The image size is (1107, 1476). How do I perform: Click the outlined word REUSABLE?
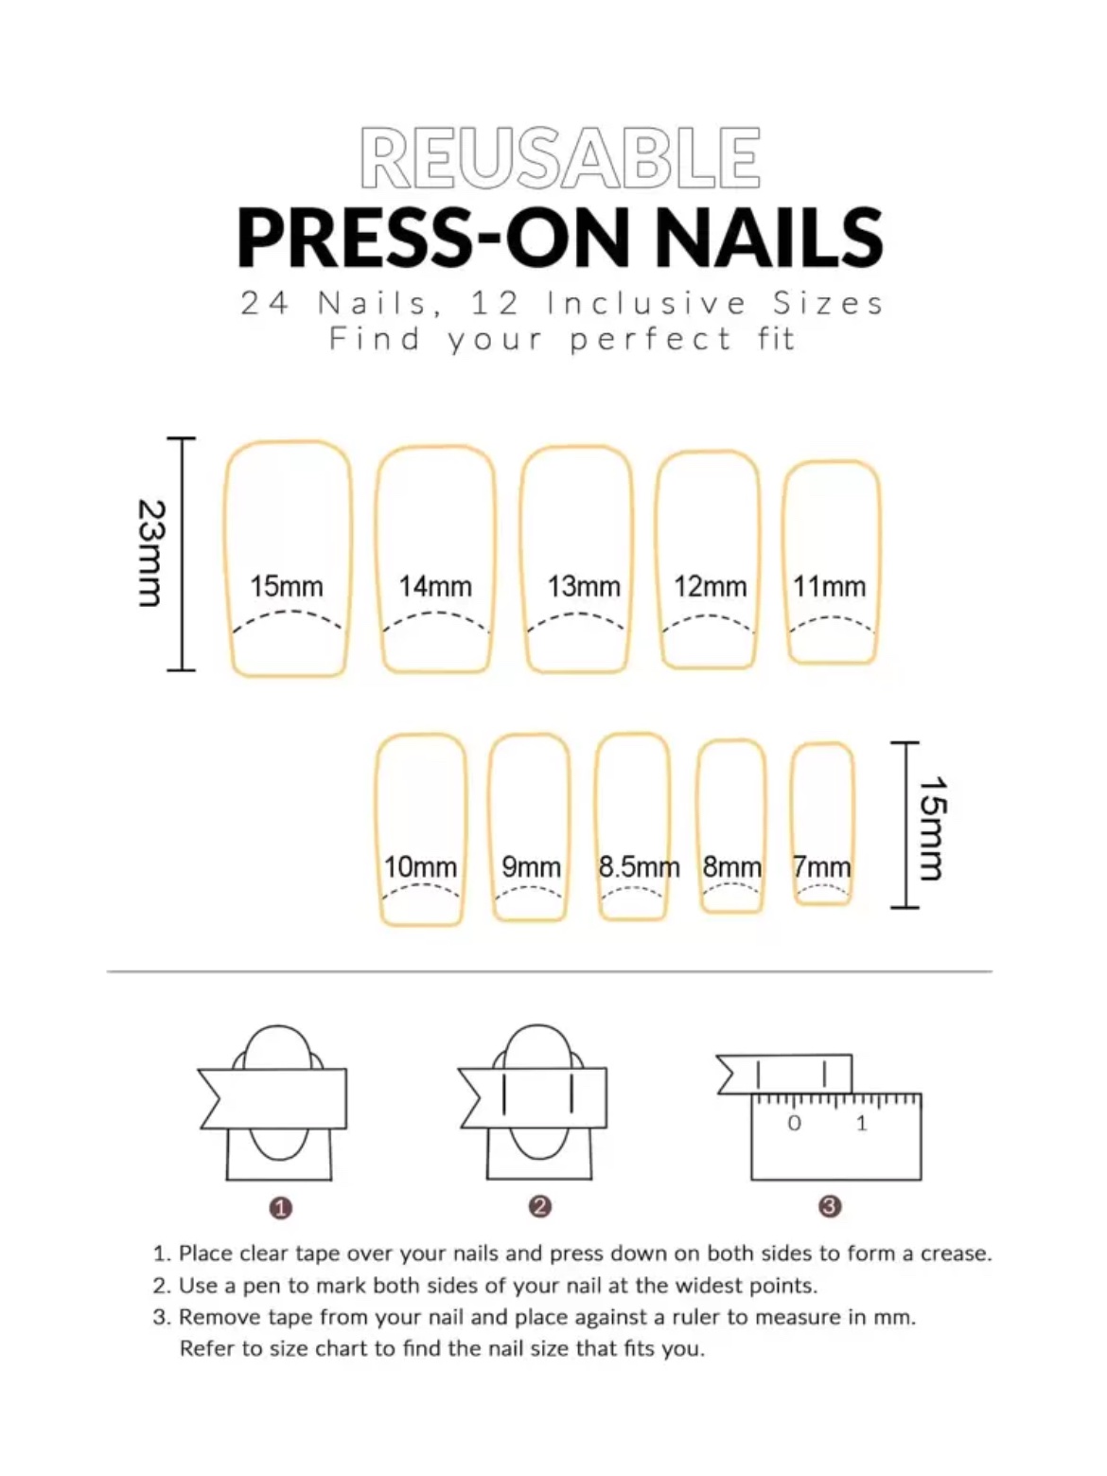point(560,158)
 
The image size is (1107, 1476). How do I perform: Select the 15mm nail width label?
point(287,587)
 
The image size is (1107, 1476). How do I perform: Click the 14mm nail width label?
point(435,587)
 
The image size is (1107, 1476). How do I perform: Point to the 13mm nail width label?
point(584,587)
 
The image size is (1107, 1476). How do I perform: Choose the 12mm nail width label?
point(711,587)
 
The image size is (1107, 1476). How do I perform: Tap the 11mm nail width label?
point(830,587)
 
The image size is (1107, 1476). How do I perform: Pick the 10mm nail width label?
point(420,867)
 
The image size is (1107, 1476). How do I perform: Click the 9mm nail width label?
point(531,867)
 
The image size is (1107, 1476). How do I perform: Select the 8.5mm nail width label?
point(639,867)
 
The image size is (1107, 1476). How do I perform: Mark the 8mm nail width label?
point(732,867)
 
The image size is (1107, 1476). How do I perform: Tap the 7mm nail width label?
point(822,867)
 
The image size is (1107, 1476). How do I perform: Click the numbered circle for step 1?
point(281,1208)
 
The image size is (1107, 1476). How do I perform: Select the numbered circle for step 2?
point(540,1207)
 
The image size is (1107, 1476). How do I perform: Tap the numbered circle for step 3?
point(830,1207)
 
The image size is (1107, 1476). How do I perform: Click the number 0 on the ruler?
point(795,1124)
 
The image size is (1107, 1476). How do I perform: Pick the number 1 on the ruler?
point(862,1124)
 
